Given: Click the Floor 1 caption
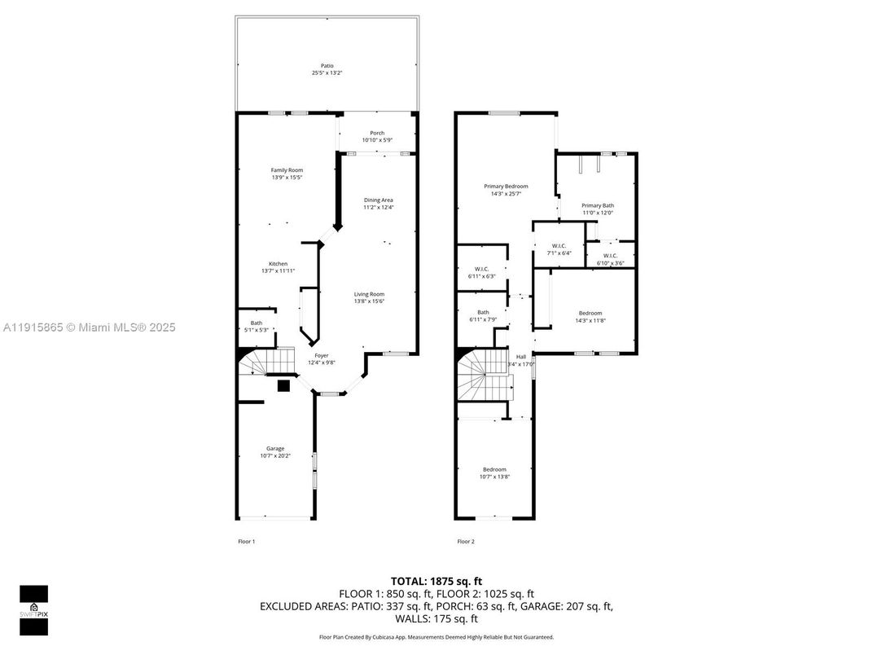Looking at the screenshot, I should [246, 542].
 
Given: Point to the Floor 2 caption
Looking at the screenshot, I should [465, 542].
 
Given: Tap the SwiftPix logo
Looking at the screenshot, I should [33, 609].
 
